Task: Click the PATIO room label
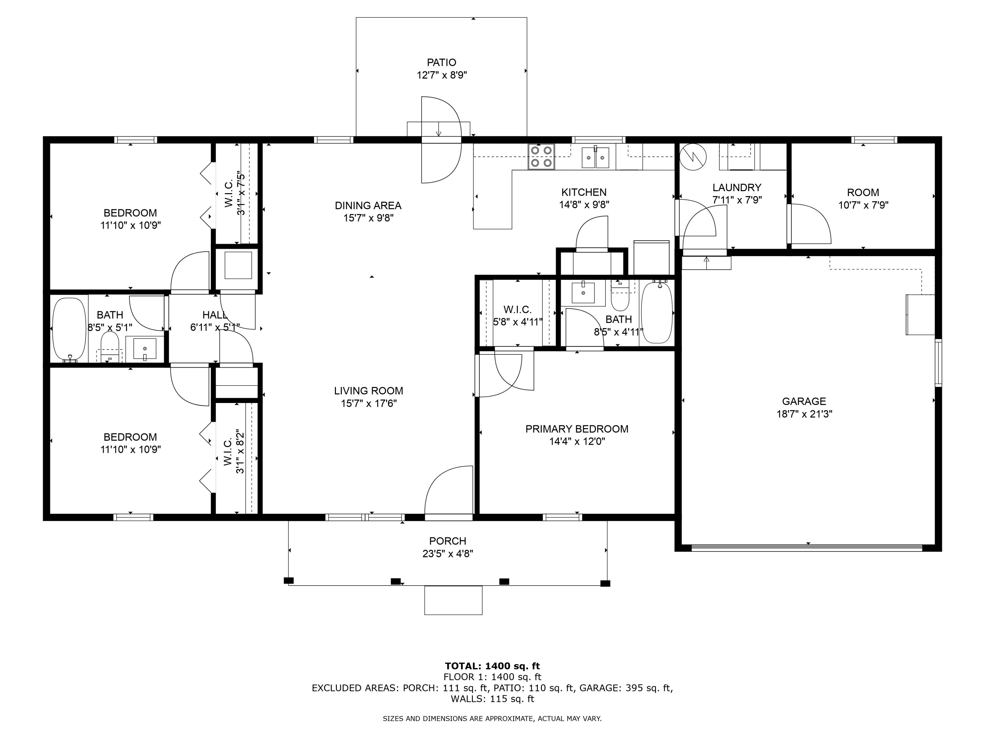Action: [441, 62]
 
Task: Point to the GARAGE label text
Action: [804, 401]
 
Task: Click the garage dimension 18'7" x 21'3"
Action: [804, 414]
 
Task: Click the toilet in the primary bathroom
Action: [620, 296]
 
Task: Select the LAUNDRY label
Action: [736, 188]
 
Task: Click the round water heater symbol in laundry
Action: [693, 156]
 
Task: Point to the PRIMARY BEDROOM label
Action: [577, 429]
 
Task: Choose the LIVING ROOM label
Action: [368, 391]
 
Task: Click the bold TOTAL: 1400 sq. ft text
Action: [492, 666]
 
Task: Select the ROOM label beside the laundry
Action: [863, 192]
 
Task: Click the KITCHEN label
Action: [584, 192]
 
